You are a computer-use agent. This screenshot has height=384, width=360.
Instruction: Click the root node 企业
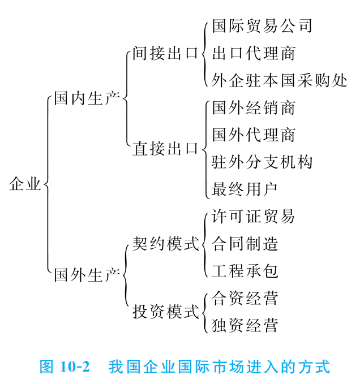(x=25, y=184)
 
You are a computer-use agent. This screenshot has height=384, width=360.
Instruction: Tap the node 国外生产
(x=87, y=275)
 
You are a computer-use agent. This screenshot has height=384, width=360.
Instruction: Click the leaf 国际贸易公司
(x=262, y=26)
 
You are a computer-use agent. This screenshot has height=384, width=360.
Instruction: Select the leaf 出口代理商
(x=254, y=54)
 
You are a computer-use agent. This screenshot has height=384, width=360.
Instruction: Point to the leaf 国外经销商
(x=254, y=107)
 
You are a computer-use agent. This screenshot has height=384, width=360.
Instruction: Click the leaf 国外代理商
(x=254, y=135)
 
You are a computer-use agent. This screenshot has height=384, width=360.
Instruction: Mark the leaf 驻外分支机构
(x=262, y=162)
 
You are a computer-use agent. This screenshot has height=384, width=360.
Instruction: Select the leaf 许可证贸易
(x=254, y=217)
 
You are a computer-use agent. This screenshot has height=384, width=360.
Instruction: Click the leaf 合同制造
(x=245, y=244)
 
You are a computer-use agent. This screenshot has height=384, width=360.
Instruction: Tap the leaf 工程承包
(x=245, y=271)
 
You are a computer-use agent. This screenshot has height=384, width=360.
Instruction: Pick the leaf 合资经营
(x=245, y=298)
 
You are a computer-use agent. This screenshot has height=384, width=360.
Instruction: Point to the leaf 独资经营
(x=245, y=325)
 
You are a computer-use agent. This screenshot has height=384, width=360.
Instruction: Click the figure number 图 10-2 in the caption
(x=65, y=366)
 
